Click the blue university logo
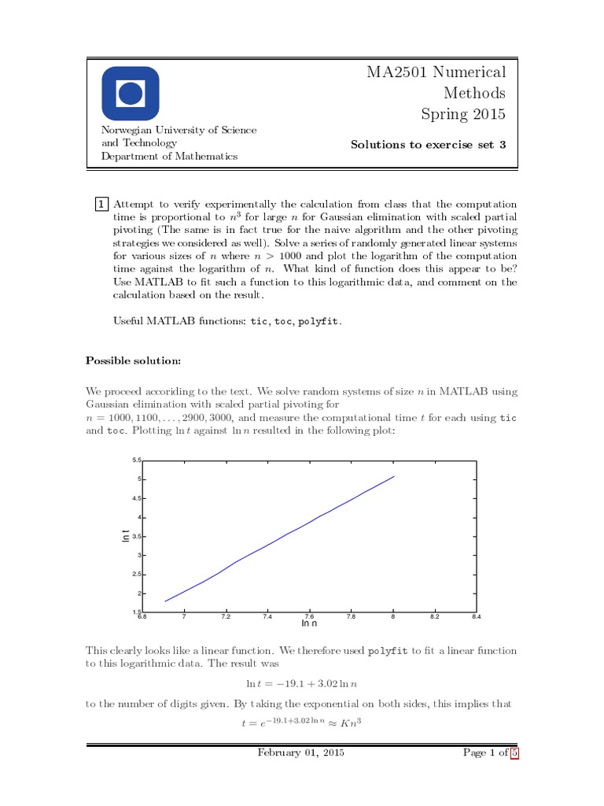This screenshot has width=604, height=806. point(131,94)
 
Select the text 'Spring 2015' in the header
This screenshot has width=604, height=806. point(463,115)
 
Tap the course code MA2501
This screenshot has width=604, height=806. point(394,73)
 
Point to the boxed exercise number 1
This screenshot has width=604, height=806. point(101,204)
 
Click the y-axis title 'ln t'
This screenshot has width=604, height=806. point(126,536)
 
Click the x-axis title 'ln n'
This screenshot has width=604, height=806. point(309,623)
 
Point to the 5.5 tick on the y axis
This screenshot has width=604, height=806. point(136,460)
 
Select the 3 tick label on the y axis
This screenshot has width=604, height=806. point(138,556)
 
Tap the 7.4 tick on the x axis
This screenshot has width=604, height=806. point(267,617)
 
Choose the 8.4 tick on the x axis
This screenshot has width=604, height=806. point(476,617)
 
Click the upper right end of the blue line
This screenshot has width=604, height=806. point(394,476)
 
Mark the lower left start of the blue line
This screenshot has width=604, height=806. point(165,601)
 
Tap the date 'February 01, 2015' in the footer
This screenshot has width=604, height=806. point(300,753)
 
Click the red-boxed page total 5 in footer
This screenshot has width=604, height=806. point(514,753)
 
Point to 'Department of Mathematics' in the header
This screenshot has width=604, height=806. point(169,156)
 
